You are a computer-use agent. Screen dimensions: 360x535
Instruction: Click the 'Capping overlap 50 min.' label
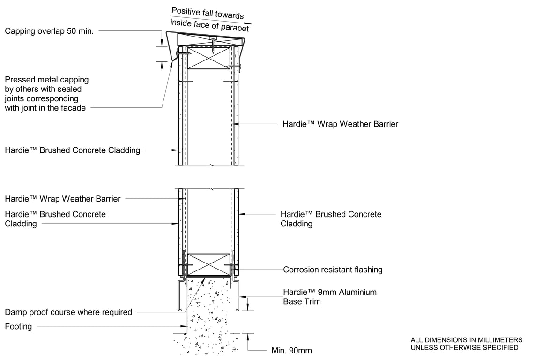49,31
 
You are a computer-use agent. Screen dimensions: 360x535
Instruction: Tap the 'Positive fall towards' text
207,13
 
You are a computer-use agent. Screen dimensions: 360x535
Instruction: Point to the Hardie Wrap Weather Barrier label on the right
340,124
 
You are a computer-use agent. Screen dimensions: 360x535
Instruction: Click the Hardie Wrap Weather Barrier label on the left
62,199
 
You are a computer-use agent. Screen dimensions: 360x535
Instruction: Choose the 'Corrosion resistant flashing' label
333,270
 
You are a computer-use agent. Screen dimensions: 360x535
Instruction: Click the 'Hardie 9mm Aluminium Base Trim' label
329,297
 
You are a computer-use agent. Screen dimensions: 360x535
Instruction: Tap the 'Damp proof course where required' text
68,312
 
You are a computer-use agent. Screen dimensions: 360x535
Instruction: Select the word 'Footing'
18,326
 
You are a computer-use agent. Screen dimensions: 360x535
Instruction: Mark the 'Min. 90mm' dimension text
291,350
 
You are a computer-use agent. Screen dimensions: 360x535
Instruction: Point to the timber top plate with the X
210,58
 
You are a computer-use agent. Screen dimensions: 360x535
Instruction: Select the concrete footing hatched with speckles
209,314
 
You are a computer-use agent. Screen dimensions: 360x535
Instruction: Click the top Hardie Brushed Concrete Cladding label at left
72,150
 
